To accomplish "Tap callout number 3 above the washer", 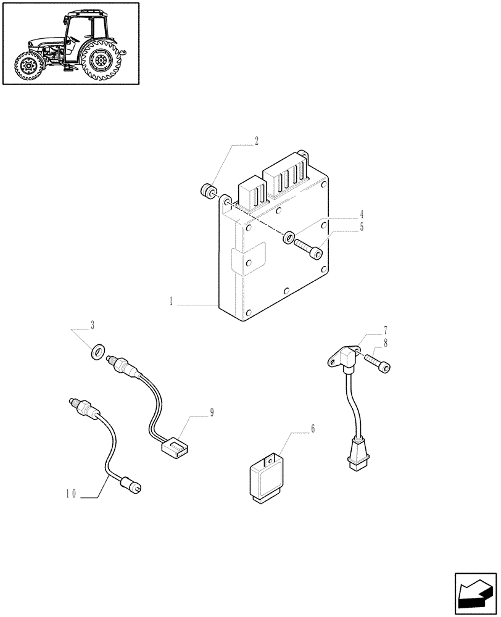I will click(x=92, y=325).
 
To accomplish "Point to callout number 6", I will click(x=312, y=428).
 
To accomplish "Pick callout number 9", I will click(x=212, y=413).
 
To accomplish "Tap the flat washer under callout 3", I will click(x=97, y=353).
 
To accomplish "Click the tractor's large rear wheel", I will click(x=99, y=60).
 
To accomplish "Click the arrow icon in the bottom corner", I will click(x=474, y=591).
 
